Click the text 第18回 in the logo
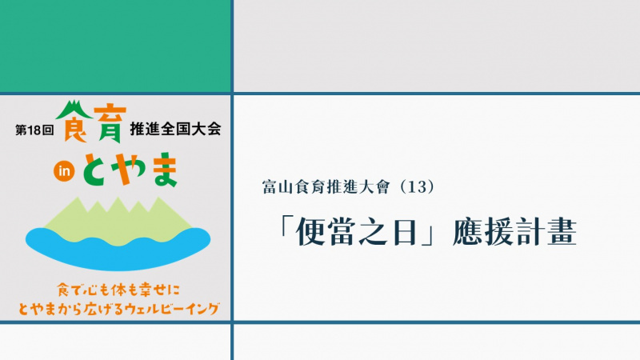[x=34, y=130]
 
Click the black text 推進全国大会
[x=175, y=129]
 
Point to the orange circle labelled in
[x=64, y=171]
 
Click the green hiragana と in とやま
[x=96, y=170]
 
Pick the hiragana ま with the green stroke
[x=166, y=170]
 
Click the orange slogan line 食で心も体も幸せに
[x=118, y=290]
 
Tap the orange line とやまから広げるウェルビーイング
[x=118, y=309]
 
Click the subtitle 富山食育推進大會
[x=326, y=187]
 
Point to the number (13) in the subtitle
[x=416, y=187]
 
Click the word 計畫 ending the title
[x=546, y=232]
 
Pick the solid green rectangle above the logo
[x=115, y=46]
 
